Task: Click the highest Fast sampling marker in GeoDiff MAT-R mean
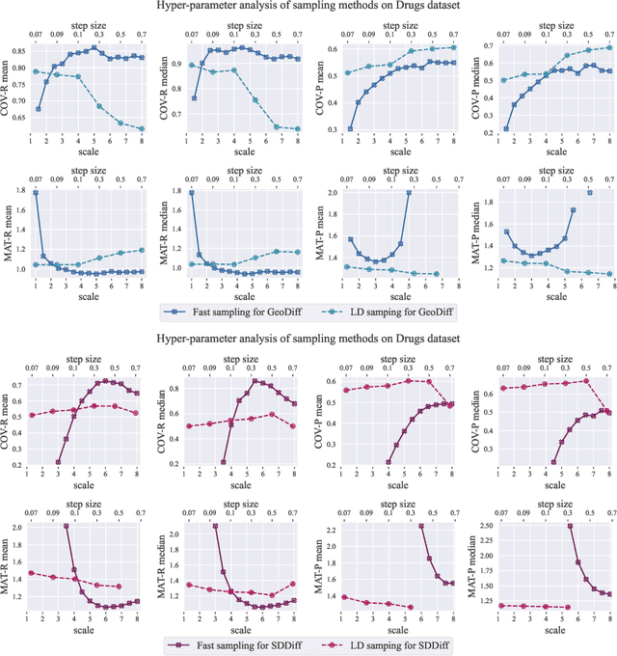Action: point(36,193)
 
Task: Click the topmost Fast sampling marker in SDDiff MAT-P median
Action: point(570,527)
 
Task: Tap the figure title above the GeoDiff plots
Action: point(308,7)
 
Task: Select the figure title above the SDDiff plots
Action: point(308,339)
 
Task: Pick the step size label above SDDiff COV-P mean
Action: point(406,352)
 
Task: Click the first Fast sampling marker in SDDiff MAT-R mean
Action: point(66,527)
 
